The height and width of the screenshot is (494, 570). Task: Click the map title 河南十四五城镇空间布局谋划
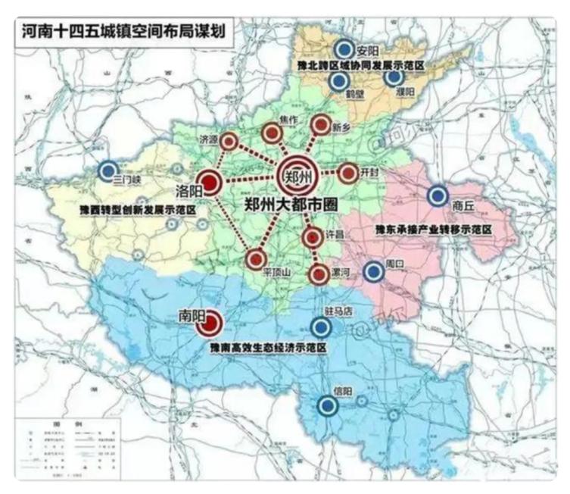point(123,31)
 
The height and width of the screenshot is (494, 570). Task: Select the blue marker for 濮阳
point(394,77)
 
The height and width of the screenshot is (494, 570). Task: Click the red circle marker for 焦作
point(272,134)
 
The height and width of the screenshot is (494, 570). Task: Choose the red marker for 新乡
point(321,126)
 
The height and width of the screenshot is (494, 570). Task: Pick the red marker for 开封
point(347,174)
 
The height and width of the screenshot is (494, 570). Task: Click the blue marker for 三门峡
point(109,170)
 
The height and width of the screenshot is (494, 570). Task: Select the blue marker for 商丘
point(438,196)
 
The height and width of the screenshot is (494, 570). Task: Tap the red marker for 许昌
point(312,237)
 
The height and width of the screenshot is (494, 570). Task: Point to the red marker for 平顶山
point(256,260)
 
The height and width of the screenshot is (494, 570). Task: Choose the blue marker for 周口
point(373,271)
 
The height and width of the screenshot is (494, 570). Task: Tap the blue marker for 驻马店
point(321,327)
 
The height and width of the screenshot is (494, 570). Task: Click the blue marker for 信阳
point(328,405)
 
